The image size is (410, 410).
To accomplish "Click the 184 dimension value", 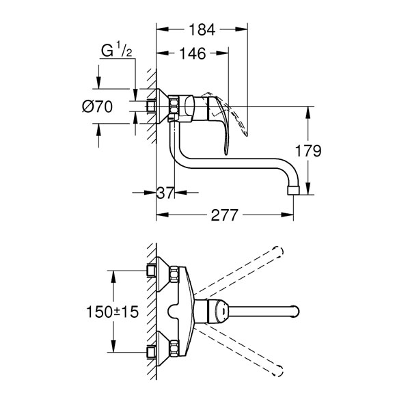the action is pos(202,29).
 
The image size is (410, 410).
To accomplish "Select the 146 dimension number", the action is pos(193,53).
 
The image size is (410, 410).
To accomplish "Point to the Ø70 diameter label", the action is pos(97,107).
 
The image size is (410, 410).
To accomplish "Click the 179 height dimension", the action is pos(308,151).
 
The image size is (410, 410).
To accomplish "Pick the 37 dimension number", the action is pos(165,193).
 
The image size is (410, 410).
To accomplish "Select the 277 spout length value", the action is pos(224,215).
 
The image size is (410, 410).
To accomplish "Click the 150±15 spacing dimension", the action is pos(113,312).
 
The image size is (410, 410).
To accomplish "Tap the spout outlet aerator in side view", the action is pos(293,191).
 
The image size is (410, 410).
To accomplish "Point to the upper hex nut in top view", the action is pos(174,274).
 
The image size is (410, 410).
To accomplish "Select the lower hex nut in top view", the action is pos(174,348).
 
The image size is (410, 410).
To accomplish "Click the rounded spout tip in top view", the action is pos(295,311).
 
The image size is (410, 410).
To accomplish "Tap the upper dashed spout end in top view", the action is pos(278,251).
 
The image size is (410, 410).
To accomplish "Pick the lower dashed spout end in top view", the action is pos(278,371).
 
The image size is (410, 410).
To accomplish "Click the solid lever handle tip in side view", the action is pos(226,152).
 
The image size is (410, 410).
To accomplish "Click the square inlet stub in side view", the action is pos(151,107).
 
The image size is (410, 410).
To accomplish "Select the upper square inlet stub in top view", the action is pos(151,271).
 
